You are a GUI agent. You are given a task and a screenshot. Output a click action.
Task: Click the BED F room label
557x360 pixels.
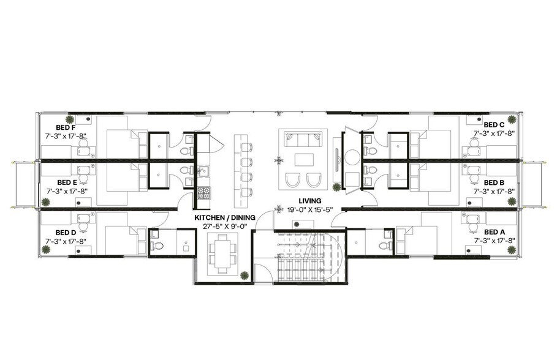point(66,126)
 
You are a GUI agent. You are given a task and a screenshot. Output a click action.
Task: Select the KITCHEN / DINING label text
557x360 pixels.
point(221,218)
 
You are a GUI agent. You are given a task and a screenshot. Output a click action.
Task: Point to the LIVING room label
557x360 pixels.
point(310,201)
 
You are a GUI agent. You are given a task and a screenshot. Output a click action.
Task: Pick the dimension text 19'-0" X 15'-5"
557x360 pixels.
point(309,209)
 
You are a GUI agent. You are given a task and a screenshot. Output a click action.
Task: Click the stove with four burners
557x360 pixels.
point(203,193)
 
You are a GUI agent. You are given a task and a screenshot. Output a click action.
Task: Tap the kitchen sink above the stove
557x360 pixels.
point(203,171)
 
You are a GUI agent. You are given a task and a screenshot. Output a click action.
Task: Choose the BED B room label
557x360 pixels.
point(493,182)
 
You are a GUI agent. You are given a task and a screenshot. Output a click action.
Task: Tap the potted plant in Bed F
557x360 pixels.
point(70,118)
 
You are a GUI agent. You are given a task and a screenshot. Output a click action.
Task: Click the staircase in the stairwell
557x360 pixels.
point(300,257)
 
